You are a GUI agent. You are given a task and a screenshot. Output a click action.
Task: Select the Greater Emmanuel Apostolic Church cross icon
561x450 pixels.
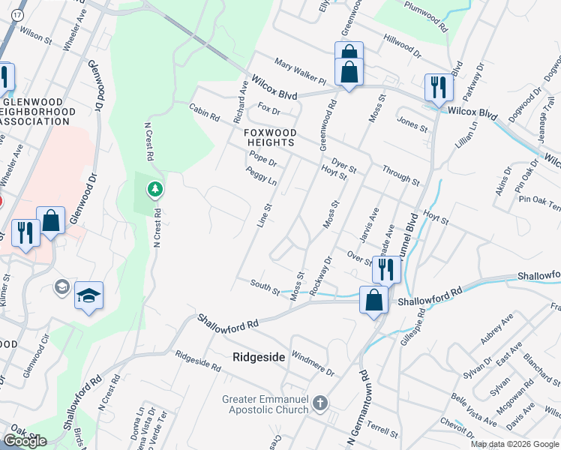click(x=320, y=403)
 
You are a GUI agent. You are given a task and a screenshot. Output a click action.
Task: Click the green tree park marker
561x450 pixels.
click(x=155, y=190)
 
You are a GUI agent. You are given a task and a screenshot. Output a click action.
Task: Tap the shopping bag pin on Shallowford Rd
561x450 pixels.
click(x=373, y=301)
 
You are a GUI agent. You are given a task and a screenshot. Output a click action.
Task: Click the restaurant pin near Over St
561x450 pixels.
click(x=385, y=269)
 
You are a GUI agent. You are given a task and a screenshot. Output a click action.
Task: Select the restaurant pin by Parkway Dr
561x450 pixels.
click(x=438, y=87)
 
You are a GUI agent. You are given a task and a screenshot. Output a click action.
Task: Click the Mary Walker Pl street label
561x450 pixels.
click(x=300, y=71)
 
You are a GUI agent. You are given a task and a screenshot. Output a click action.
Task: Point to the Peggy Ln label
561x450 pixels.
click(x=261, y=177)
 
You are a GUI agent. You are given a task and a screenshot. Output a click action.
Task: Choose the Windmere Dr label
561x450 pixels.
click(x=312, y=364)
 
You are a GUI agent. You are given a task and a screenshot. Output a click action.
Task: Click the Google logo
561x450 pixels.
click(x=25, y=441)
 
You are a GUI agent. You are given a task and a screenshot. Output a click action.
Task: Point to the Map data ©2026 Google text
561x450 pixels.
click(x=514, y=444)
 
